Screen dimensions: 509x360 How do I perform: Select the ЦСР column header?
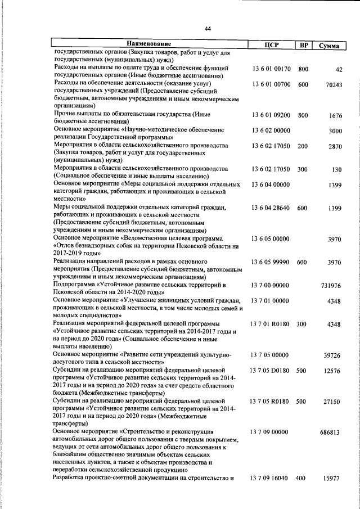[272, 44]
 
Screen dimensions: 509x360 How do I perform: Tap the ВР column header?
[303, 44]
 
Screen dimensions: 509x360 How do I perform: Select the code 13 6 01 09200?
[271, 115]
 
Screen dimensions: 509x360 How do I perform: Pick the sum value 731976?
[332, 286]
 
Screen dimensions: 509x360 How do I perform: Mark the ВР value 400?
[301, 478]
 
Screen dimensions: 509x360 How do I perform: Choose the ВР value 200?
[303, 146]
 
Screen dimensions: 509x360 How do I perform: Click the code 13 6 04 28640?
[271, 208]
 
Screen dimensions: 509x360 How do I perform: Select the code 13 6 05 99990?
[271, 262]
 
